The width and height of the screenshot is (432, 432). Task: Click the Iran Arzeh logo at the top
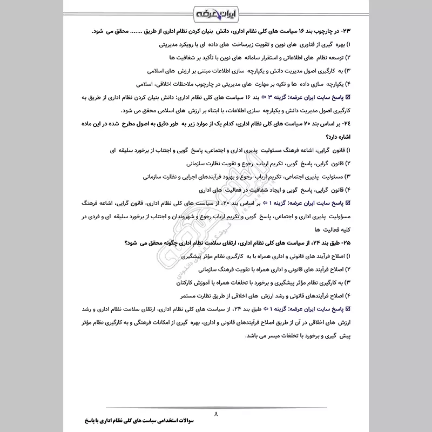click(215, 12)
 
